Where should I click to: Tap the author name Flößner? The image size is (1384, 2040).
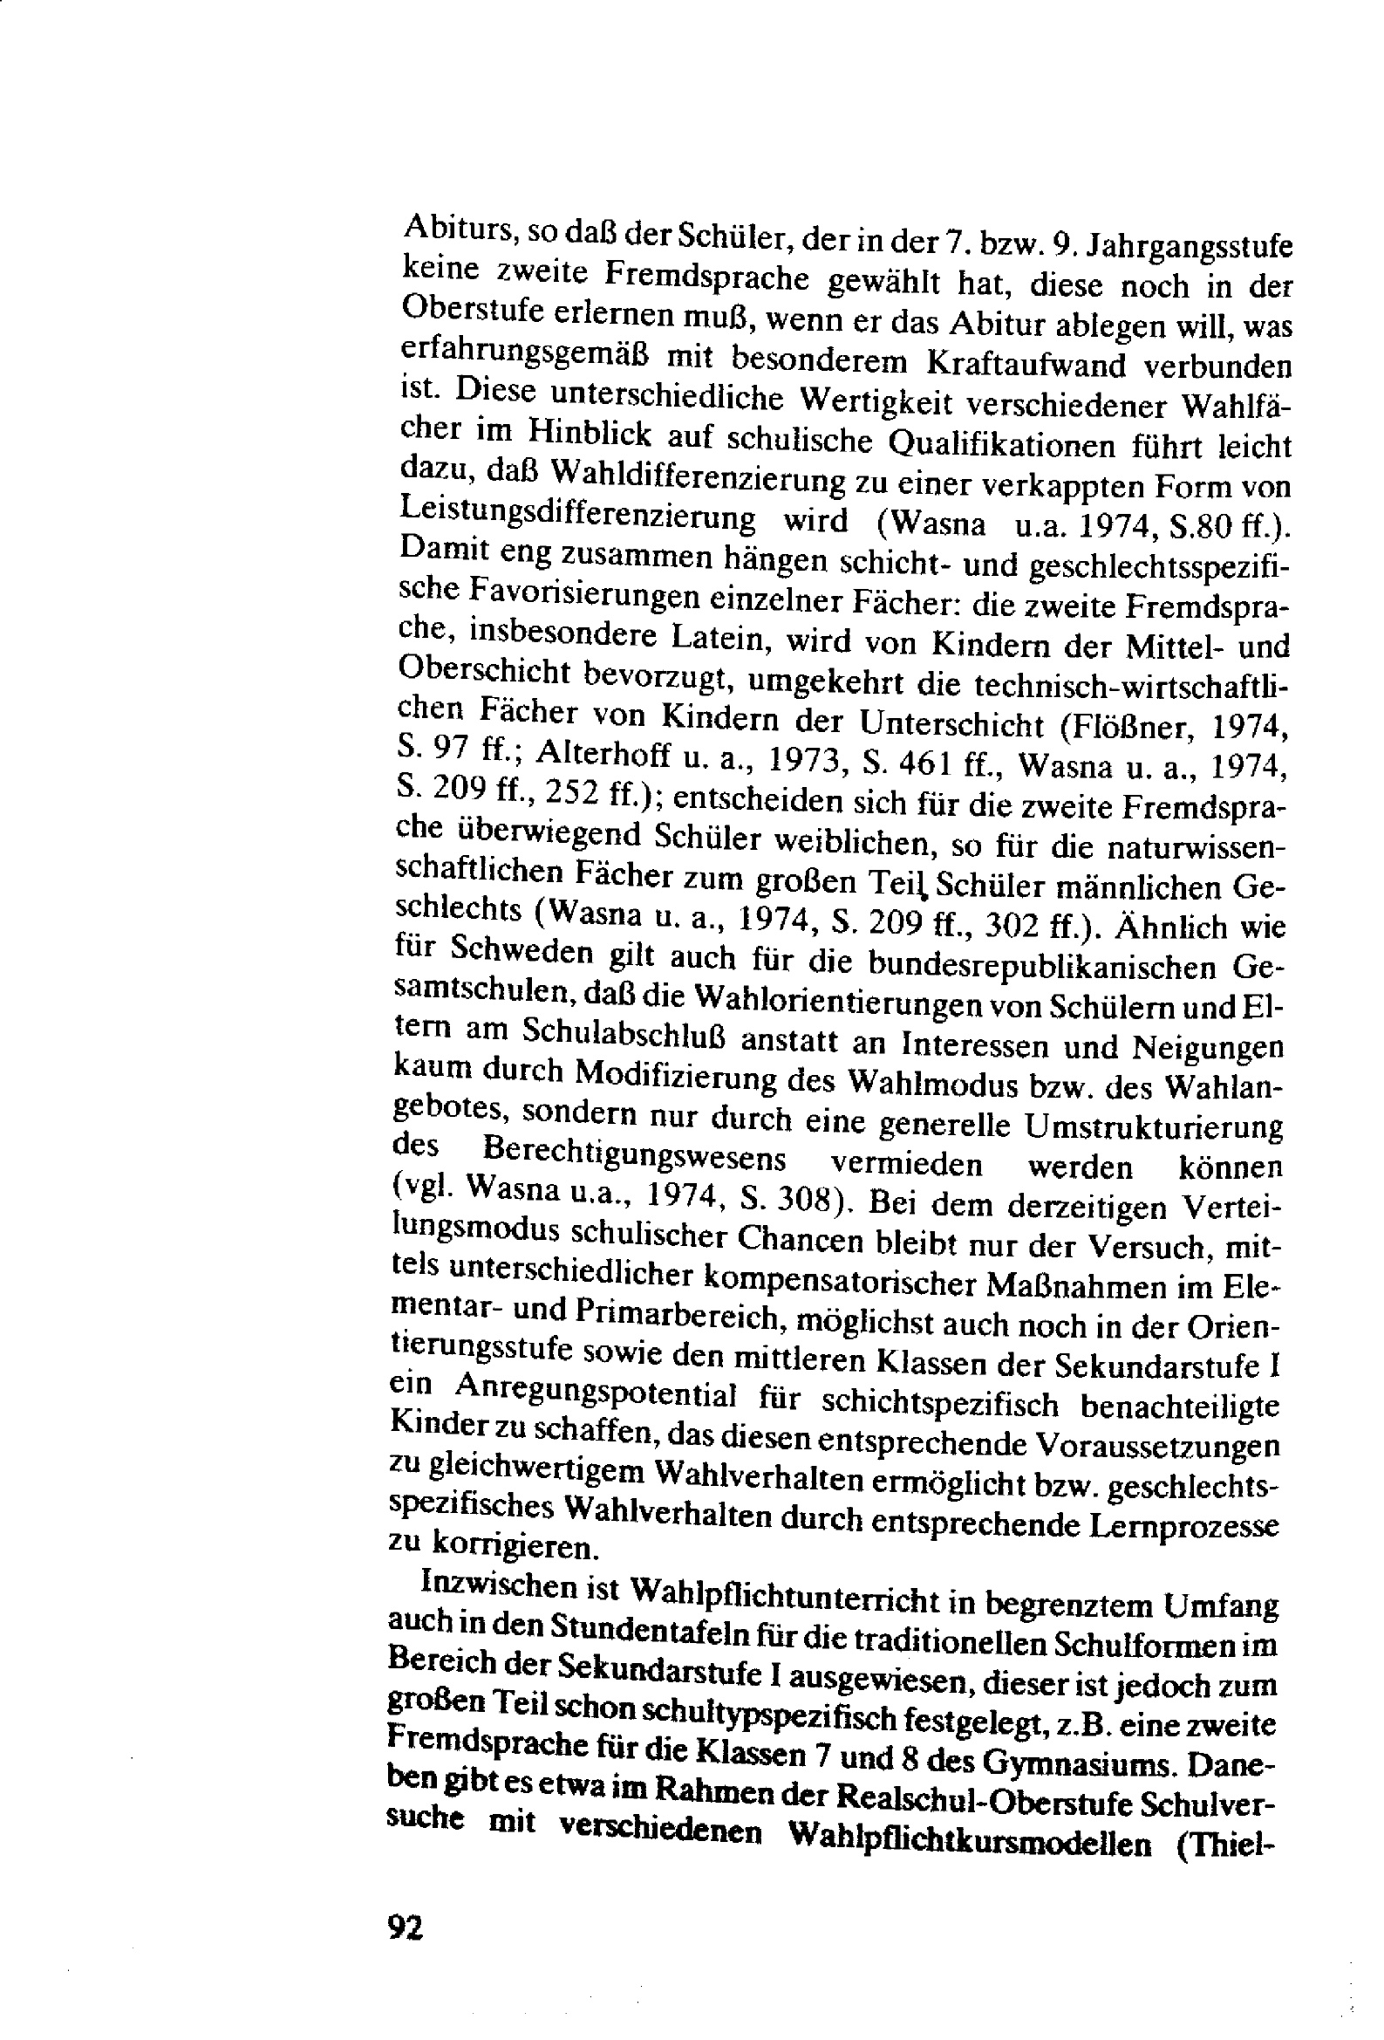(x=1131, y=728)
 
